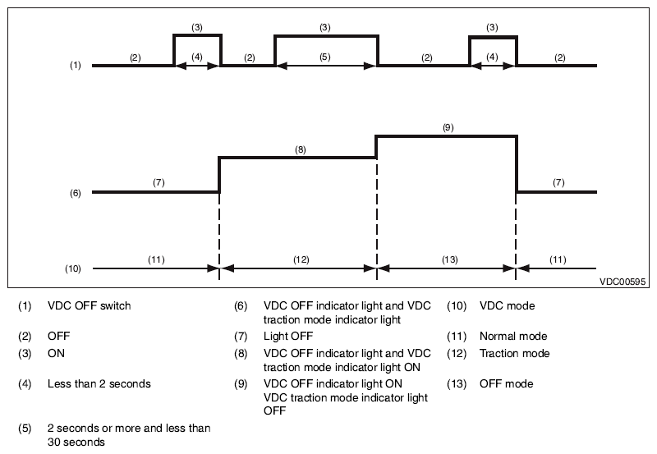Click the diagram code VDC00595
point(623,282)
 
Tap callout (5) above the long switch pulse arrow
point(324,57)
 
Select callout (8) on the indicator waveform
point(300,149)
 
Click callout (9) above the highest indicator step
point(448,127)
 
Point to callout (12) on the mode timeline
point(301,259)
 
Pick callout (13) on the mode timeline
point(449,259)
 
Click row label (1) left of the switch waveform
point(75,66)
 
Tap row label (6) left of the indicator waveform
point(75,193)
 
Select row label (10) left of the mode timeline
point(72,268)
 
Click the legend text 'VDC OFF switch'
point(90,305)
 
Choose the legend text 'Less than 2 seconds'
point(99,383)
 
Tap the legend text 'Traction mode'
point(515,354)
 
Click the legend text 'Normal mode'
point(513,336)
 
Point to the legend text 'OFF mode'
point(506,383)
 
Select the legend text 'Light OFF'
point(288,336)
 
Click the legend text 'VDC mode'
point(507,305)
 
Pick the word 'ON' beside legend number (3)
point(56,354)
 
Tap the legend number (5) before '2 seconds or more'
point(25,429)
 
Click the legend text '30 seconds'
point(76,442)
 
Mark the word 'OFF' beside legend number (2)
point(58,336)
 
